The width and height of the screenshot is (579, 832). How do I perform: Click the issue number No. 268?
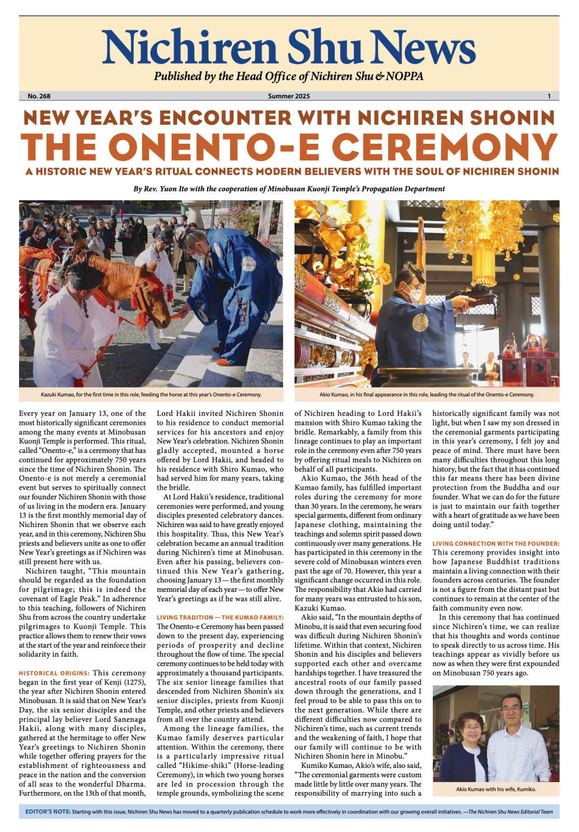click(x=39, y=96)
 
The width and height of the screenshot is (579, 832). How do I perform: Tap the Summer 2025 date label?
click(x=289, y=96)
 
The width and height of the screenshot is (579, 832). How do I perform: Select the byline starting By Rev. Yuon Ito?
click(x=289, y=189)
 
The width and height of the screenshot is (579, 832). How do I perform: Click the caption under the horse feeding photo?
click(x=151, y=395)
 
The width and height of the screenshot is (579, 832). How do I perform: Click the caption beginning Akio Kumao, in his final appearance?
click(x=426, y=395)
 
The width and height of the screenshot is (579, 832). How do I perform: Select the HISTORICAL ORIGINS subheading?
click(x=54, y=673)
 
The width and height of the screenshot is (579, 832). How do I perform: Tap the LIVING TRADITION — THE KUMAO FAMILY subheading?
click(x=220, y=617)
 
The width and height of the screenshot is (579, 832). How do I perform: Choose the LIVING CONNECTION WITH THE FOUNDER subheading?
click(x=495, y=543)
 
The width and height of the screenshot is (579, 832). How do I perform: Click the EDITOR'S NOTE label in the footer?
click(x=48, y=811)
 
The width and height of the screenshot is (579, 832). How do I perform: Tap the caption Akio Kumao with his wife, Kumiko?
click(x=495, y=789)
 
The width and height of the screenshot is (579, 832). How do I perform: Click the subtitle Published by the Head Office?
click(x=289, y=77)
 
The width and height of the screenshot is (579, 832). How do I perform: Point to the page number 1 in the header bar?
click(x=549, y=96)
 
